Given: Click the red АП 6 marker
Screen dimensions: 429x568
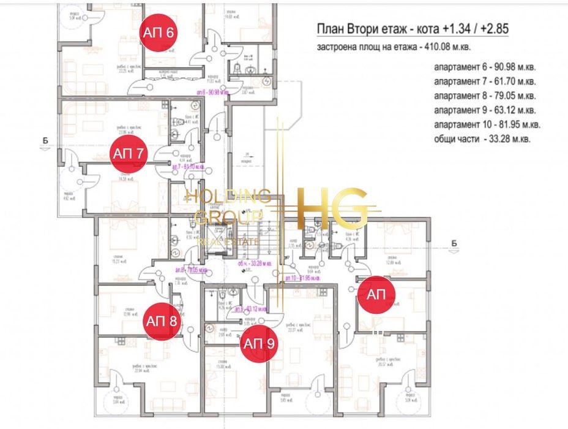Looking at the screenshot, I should point(159,32).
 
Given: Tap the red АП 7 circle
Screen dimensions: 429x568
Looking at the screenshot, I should point(128,153).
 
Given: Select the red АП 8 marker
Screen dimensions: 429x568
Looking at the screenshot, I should point(162,320).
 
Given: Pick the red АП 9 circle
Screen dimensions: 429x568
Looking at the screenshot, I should point(260,343).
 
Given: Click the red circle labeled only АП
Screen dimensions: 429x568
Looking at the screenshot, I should point(376,295).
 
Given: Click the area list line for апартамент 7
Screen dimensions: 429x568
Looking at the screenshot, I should point(485,82).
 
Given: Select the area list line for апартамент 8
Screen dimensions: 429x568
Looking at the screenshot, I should point(485,96).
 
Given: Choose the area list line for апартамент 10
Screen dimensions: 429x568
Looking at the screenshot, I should point(487,125).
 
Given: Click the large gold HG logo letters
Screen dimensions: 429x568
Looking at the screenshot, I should point(333,208).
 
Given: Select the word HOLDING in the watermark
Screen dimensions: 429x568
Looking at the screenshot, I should point(228,196).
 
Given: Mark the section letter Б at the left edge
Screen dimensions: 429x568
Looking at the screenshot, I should point(46,141).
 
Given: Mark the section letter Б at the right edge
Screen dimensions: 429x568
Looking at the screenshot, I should point(454,243).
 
